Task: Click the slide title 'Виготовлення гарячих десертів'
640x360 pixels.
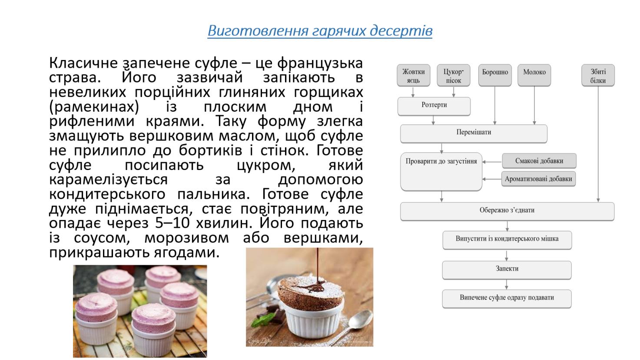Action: [320, 31]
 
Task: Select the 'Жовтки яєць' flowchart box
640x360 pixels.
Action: [414, 75]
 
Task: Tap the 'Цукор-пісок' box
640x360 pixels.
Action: [454, 75]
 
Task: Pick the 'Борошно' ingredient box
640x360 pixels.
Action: [495, 75]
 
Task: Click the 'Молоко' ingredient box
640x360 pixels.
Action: [534, 75]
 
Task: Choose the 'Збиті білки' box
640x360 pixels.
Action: [598, 75]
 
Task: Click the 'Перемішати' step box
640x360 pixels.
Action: [474, 133]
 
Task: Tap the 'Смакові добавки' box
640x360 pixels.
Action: [539, 161]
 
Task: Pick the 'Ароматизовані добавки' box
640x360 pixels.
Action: [539, 179]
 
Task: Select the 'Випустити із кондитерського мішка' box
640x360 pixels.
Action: [507, 240]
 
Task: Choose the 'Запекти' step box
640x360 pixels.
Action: [507, 270]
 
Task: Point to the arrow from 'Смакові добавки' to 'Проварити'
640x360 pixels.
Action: [492, 162]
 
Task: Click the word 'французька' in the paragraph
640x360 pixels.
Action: [320, 63]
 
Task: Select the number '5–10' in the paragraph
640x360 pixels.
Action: [172, 223]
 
